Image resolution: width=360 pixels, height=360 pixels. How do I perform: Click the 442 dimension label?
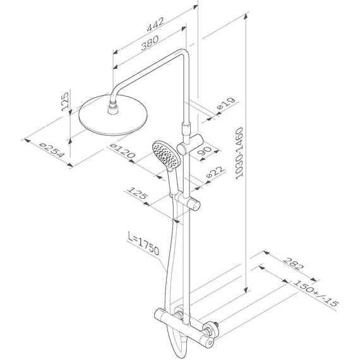tap(155, 24)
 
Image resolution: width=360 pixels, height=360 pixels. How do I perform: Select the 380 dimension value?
tap(150, 42)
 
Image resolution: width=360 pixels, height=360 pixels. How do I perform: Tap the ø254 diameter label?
tap(51, 150)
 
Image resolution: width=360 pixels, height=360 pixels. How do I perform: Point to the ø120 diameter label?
tap(122, 150)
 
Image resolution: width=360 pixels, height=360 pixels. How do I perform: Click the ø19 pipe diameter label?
tap(226, 104)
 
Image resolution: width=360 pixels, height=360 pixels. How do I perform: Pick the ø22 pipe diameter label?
tap(215, 172)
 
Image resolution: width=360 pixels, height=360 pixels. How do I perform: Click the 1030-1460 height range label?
tap(239, 153)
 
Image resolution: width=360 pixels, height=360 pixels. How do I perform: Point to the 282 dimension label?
tap(293, 264)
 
